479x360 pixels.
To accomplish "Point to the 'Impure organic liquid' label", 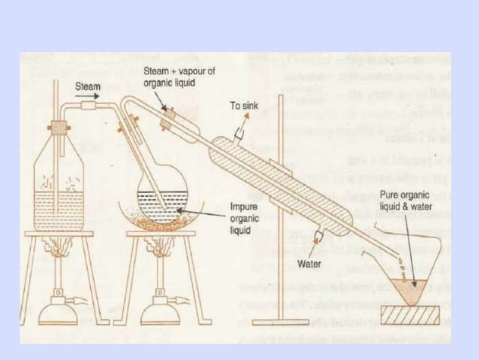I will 246,217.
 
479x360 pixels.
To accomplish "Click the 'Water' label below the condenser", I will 311,264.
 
